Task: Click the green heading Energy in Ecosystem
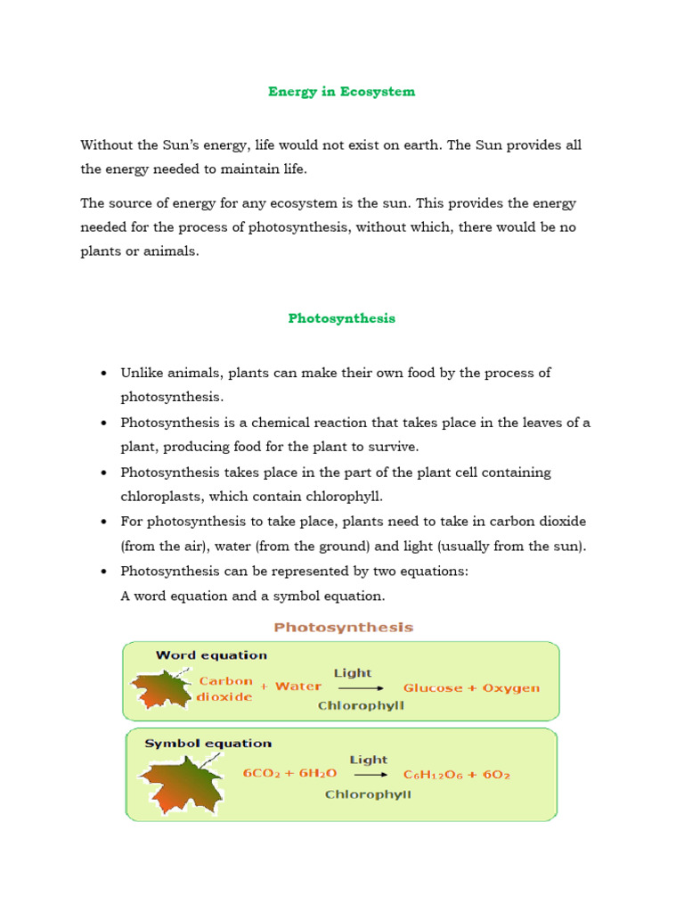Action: pyautogui.click(x=341, y=91)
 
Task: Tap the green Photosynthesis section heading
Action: pyautogui.click(x=341, y=318)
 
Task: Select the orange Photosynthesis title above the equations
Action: pyautogui.click(x=343, y=628)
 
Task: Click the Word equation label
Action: pyautogui.click(x=211, y=655)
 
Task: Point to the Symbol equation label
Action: pyautogui.click(x=208, y=743)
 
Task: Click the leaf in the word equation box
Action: pyautogui.click(x=161, y=687)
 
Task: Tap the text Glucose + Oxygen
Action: pyautogui.click(x=471, y=688)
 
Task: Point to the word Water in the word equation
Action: pyautogui.click(x=298, y=687)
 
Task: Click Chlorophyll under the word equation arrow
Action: pyautogui.click(x=361, y=705)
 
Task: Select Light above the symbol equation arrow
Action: pyautogui.click(x=368, y=760)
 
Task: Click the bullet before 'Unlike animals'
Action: pyautogui.click(x=105, y=373)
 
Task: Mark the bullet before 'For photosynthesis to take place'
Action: pyautogui.click(x=105, y=522)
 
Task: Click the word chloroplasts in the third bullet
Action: pyautogui.click(x=161, y=497)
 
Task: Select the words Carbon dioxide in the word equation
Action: pyautogui.click(x=225, y=688)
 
